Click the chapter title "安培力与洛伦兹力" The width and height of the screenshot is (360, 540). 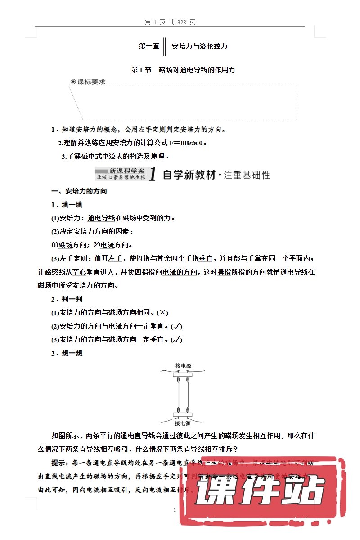tap(200, 46)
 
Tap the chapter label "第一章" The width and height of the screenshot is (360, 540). tap(149, 46)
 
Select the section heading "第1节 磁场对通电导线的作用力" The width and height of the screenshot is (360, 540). tap(183, 70)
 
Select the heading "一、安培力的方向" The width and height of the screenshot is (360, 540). tap(79, 191)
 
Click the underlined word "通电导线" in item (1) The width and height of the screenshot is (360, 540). tap(101, 218)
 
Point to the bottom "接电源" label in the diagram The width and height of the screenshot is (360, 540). tap(182, 423)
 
